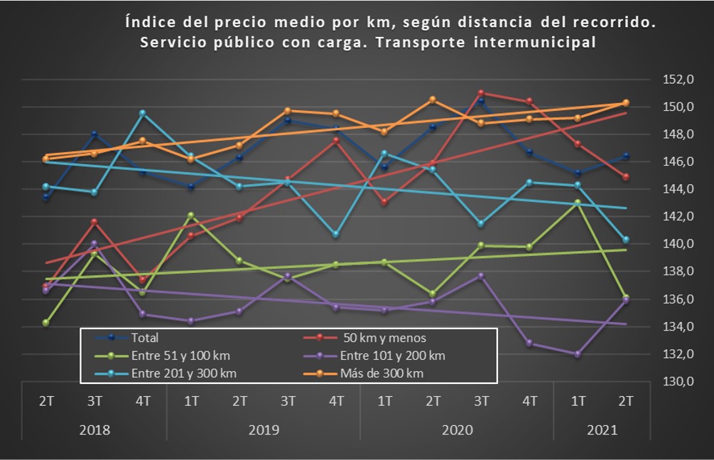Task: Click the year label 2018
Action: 94,430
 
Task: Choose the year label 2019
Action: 264,430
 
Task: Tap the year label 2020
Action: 457,430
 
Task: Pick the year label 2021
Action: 602,430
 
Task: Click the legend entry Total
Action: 146,338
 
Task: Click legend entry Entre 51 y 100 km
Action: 180,355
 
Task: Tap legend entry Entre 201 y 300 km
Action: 184,373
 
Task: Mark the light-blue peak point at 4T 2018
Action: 143,113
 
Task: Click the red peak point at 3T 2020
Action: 481,93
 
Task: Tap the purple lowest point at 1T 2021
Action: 578,354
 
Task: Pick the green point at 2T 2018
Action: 46,323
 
